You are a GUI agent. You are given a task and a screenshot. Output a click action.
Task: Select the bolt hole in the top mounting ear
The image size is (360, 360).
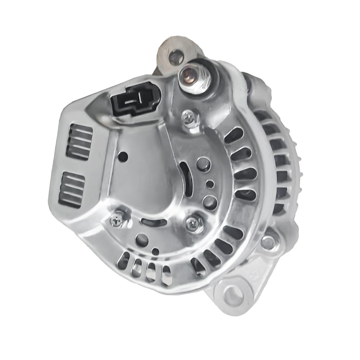pos(176,57)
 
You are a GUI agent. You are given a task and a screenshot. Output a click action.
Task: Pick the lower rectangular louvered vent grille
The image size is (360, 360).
pos(71,189)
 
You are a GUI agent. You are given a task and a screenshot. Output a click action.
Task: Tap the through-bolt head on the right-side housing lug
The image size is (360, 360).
pos(269,242)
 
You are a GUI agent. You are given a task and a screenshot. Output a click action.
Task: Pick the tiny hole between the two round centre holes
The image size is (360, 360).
pos(210,184)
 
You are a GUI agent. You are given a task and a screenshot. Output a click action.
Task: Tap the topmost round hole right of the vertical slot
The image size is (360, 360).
pos(203,164)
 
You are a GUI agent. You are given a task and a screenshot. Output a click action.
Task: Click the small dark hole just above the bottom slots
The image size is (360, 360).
pos(155,251)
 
